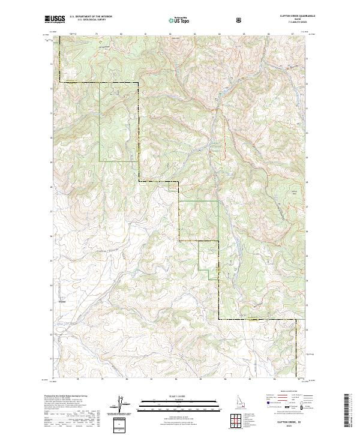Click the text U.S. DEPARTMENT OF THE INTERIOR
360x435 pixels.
[x=91, y=17]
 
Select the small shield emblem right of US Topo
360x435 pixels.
[x=240, y=20]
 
